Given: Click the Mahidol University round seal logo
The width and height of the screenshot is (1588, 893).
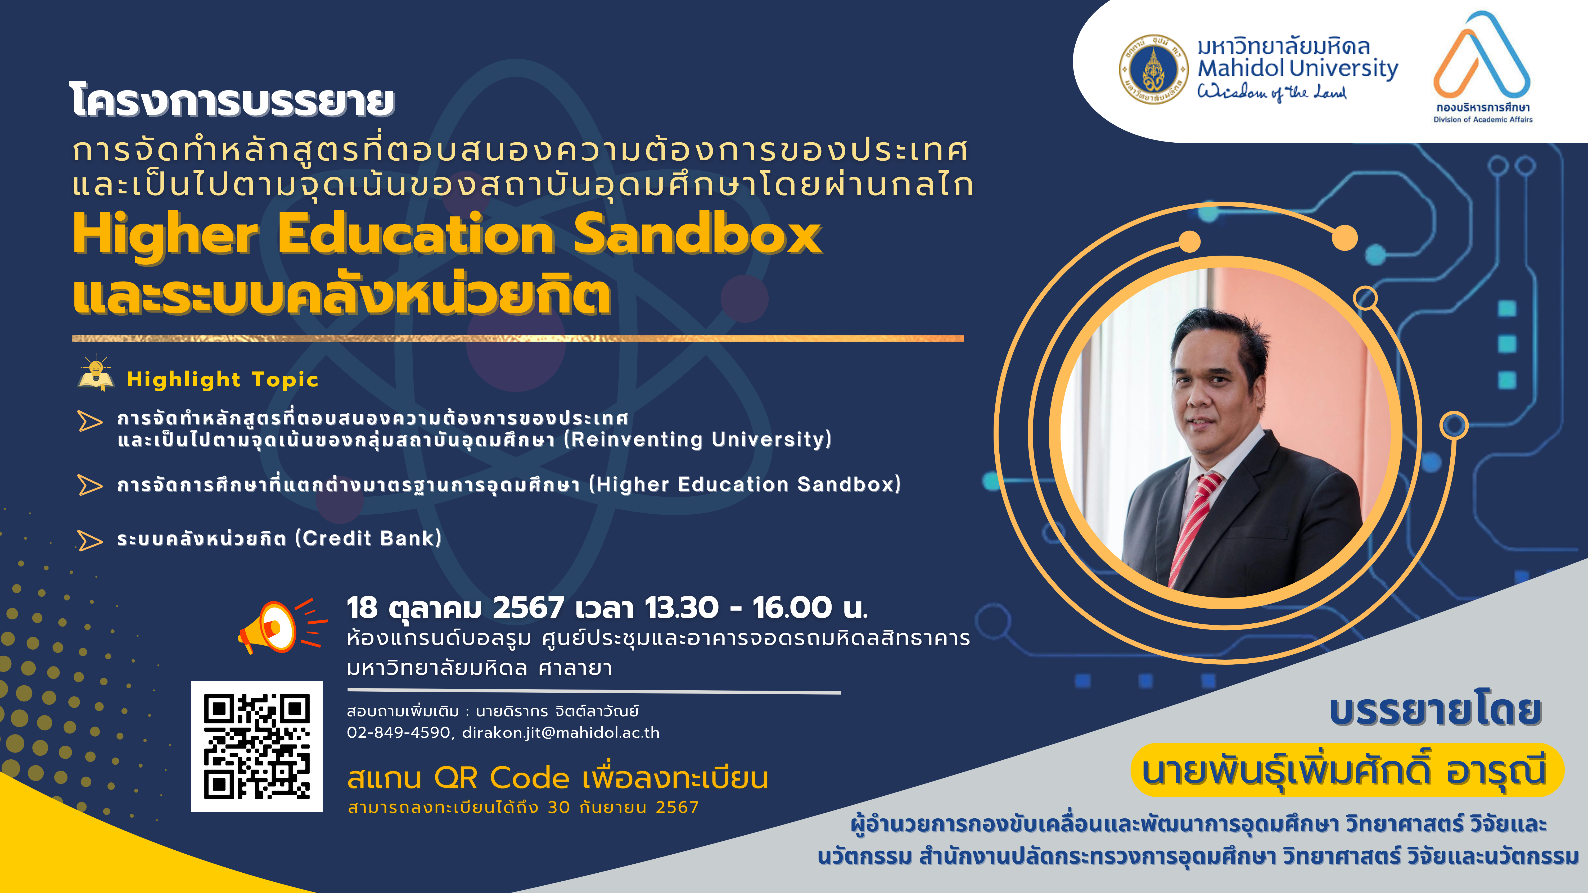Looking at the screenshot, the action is [1153, 69].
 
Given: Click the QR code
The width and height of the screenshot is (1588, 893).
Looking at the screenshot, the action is [256, 746].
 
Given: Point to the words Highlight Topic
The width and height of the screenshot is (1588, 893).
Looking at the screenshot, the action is [223, 380].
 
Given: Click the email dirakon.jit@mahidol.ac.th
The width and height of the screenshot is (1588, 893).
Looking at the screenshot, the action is [560, 733].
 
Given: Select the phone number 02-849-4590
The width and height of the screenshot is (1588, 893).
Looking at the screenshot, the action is [398, 733].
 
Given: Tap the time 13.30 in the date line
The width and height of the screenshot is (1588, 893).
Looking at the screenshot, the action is [681, 608].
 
